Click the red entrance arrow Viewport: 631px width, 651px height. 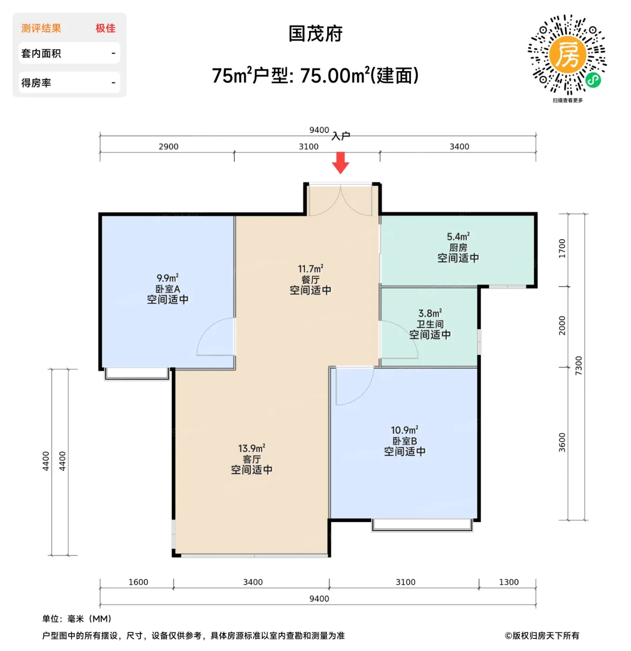point(340,163)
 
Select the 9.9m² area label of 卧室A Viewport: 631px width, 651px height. point(167,278)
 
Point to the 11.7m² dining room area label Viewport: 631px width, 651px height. point(311,268)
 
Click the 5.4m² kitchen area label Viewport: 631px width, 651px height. point(458,237)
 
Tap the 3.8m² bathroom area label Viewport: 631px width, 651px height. point(430,313)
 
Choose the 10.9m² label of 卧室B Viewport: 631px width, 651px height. point(405,430)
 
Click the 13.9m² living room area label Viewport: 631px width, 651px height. point(252,448)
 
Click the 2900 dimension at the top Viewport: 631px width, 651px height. point(168,146)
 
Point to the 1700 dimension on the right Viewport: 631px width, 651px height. point(562,248)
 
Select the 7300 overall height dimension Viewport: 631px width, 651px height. point(578,365)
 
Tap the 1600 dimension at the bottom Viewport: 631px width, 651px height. point(138,582)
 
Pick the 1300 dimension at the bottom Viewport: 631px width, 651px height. point(509,582)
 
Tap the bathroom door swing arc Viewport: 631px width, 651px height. point(410,333)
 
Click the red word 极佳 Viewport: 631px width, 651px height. point(106,28)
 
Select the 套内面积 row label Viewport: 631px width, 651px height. point(41,53)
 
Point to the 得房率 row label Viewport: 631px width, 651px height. point(36,82)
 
